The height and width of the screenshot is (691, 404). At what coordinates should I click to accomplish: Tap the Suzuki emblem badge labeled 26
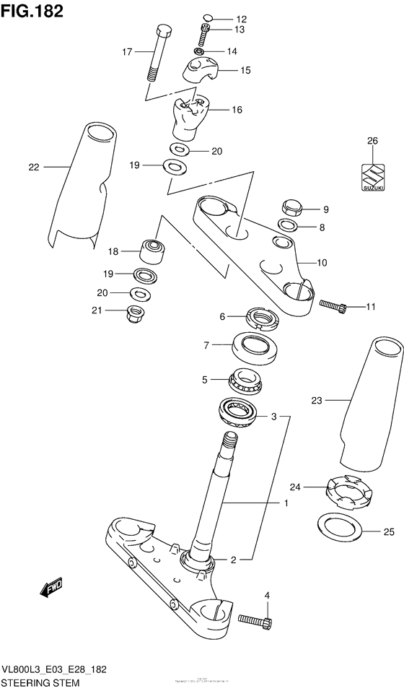coord(371,175)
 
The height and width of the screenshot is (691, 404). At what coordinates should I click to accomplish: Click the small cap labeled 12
coord(207,18)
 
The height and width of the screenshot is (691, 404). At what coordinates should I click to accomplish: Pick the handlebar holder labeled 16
coord(189,116)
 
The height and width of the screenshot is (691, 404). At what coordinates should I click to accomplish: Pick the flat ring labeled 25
coord(341,534)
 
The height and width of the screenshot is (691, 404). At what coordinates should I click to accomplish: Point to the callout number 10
coord(322,263)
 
